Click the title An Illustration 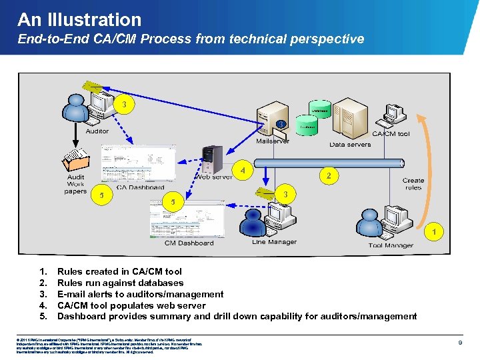pyautogui.click(x=79, y=20)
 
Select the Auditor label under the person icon pyautogui.click(x=97, y=131)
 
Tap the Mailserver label pyautogui.click(x=273, y=141)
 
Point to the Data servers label pyautogui.click(x=350, y=144)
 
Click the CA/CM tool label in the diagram pyautogui.click(x=391, y=134)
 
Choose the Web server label pyautogui.click(x=213, y=177)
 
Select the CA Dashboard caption pyautogui.click(x=141, y=187)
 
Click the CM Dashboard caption pyautogui.click(x=189, y=243)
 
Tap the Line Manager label pyautogui.click(x=274, y=242)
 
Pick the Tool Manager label pyautogui.click(x=391, y=245)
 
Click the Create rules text pyautogui.click(x=413, y=184)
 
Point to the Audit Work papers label pyautogui.click(x=75, y=184)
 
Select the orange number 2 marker pyautogui.click(x=328, y=175)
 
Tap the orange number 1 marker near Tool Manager pyautogui.click(x=435, y=232)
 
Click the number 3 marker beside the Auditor pyautogui.click(x=124, y=105)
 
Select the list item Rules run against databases pyautogui.click(x=120, y=283)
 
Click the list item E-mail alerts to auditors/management pyautogui.click(x=140, y=294)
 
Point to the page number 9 pyautogui.click(x=461, y=342)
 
